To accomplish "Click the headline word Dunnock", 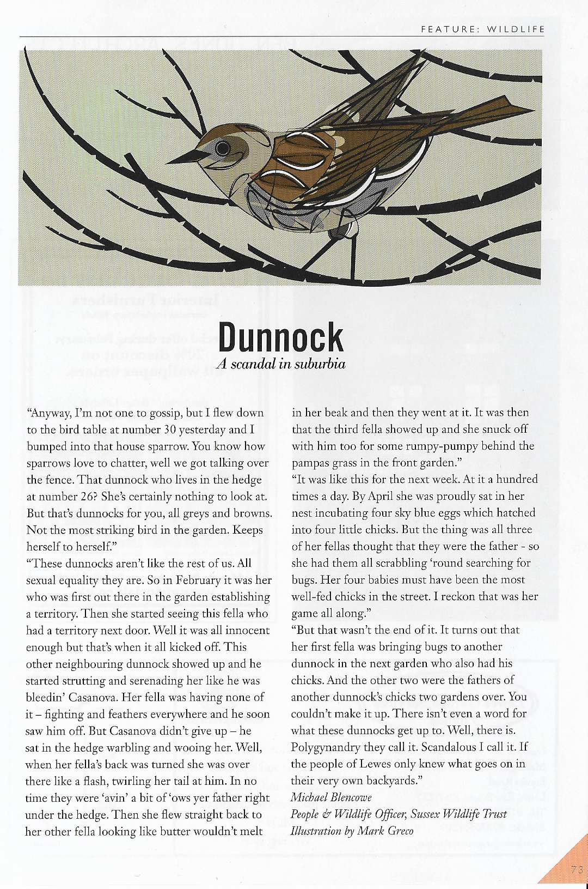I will point(281,337).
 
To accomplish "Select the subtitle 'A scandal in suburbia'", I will point(281,364).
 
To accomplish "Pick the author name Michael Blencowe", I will point(331,797).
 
